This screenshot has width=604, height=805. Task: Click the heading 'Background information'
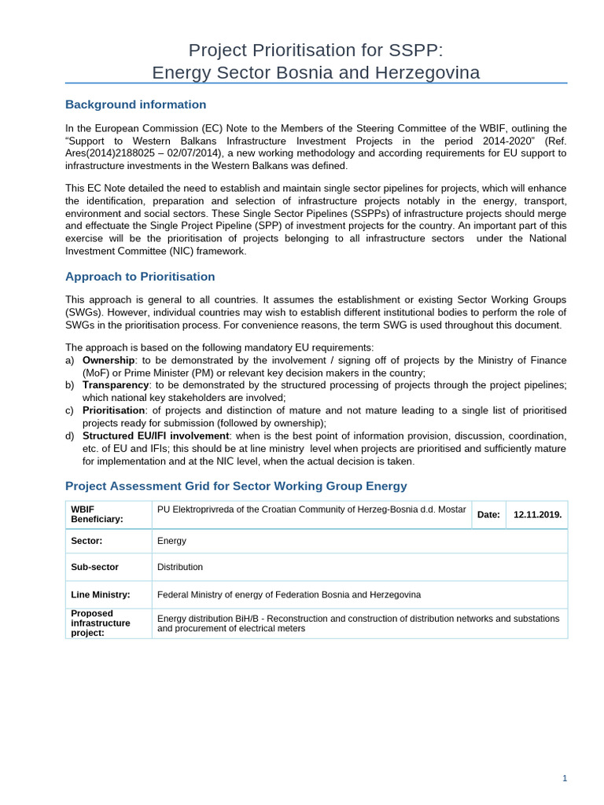[x=135, y=105]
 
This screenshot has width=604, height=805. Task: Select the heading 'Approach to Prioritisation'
[x=139, y=277]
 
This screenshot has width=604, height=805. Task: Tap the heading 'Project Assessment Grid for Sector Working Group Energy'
[x=236, y=486]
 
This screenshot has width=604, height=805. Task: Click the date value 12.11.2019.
[x=537, y=515]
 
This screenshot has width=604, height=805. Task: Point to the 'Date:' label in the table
[x=488, y=515]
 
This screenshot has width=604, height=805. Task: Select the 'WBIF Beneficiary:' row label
[x=97, y=515]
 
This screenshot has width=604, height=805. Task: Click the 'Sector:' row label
[x=87, y=541]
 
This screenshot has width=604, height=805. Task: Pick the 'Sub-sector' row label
[x=94, y=567]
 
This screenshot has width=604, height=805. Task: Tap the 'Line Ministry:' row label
[x=100, y=595]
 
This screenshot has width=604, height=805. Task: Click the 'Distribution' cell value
[x=180, y=567]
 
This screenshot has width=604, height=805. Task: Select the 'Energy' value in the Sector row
[x=172, y=541]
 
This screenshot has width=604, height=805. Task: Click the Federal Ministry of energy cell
[x=289, y=595]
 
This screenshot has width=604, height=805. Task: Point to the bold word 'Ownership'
[x=109, y=360]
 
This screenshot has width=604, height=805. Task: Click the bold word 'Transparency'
[x=116, y=385]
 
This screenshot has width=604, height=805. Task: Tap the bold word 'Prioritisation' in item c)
[x=113, y=410]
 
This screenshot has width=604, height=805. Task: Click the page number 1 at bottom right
[x=564, y=778]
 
